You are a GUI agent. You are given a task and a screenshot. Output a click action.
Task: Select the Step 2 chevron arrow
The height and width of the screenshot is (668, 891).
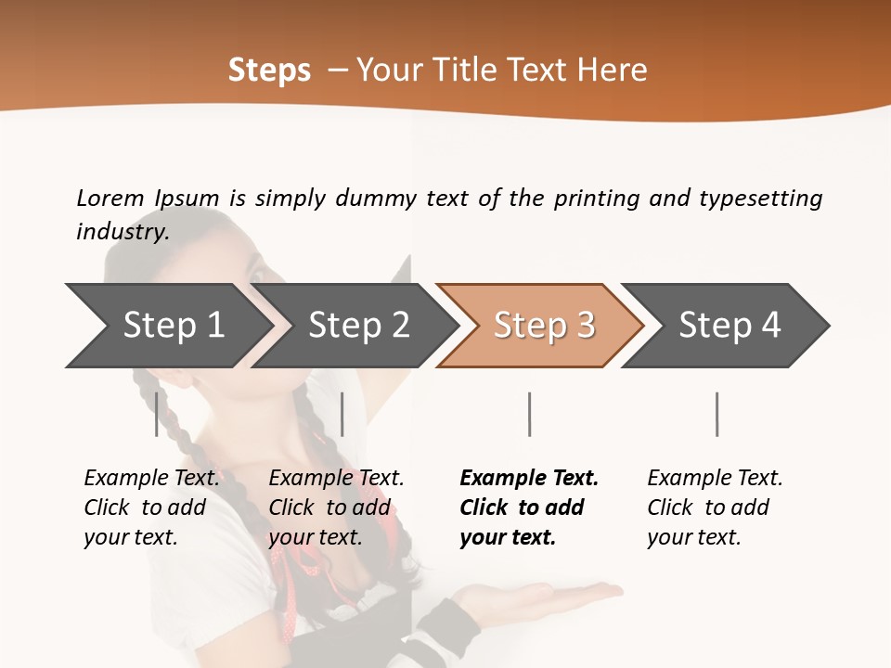358,326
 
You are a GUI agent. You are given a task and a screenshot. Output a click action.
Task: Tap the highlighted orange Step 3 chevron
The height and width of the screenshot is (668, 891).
544,326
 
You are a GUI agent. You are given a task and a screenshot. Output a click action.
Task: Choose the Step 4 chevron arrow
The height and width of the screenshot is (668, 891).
730,326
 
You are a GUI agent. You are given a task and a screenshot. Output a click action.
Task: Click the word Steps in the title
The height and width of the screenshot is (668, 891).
269,70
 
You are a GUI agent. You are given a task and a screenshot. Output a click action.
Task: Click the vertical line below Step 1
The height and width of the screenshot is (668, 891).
157,414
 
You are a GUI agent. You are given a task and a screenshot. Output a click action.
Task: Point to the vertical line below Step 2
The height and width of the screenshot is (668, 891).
342,414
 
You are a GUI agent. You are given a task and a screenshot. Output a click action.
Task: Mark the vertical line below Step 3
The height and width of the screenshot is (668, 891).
529,414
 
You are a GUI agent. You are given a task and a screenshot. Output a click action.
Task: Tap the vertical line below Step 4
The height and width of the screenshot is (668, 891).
717,414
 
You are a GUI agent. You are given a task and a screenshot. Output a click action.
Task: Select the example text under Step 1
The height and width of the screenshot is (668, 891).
151,507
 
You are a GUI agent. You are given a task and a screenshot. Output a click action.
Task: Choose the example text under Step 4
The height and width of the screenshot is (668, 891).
715,507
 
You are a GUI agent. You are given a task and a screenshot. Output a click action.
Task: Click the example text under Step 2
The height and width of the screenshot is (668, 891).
336,507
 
